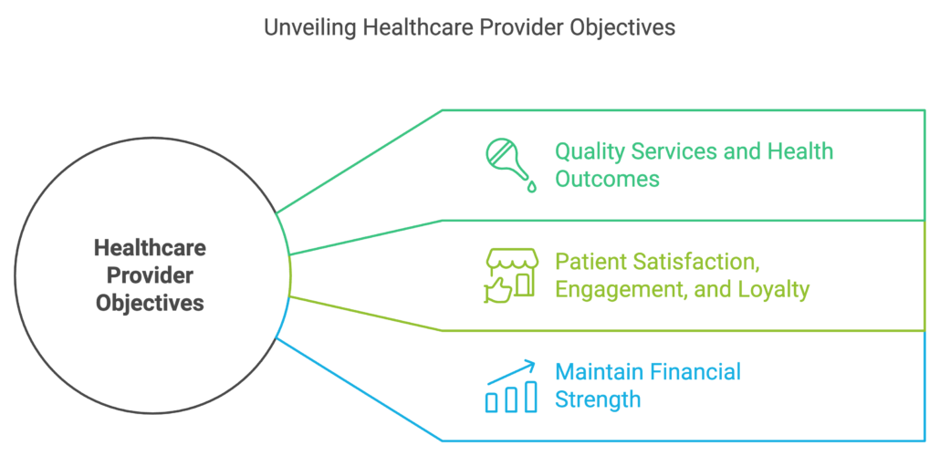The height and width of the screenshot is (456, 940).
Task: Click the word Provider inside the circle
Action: pyautogui.click(x=150, y=275)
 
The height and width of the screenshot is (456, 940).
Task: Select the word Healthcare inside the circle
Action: pyautogui.click(x=150, y=247)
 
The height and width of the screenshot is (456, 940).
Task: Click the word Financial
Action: pyautogui.click(x=695, y=372)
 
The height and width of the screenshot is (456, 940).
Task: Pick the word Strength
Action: pyautogui.click(x=598, y=399)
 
